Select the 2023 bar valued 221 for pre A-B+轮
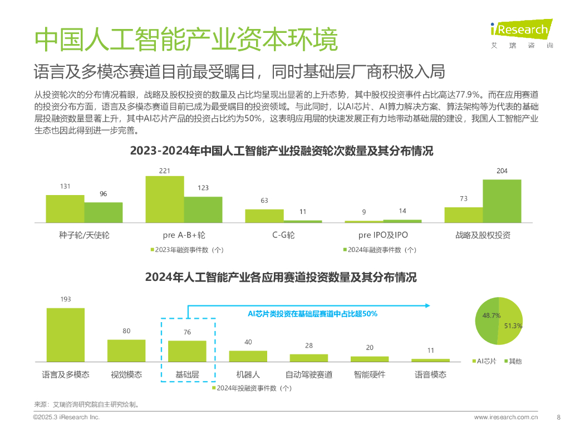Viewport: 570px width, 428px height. pyautogui.click(x=165, y=200)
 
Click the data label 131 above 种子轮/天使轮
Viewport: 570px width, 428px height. pyautogui.click(x=65, y=186)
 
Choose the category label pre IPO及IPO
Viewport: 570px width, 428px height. pyautogui.click(x=383, y=235)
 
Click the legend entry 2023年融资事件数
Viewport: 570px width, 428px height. pyautogui.click(x=187, y=250)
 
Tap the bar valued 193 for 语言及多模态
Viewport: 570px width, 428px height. pyautogui.click(x=66, y=334)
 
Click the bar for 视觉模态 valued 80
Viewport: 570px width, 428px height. pyautogui.click(x=126, y=351)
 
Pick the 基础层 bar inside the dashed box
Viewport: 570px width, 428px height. pyautogui.click(x=187, y=351)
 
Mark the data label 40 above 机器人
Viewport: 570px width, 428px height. pyautogui.click(x=248, y=342)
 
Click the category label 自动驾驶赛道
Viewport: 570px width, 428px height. pyautogui.click(x=309, y=374)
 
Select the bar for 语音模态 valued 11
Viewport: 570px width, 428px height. pyautogui.click(x=430, y=360)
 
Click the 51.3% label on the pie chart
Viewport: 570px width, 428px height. pyautogui.click(x=513, y=325)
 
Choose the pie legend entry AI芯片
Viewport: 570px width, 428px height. pyautogui.click(x=485, y=361)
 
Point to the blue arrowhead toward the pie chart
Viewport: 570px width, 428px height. pyautogui.click(x=427, y=305)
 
